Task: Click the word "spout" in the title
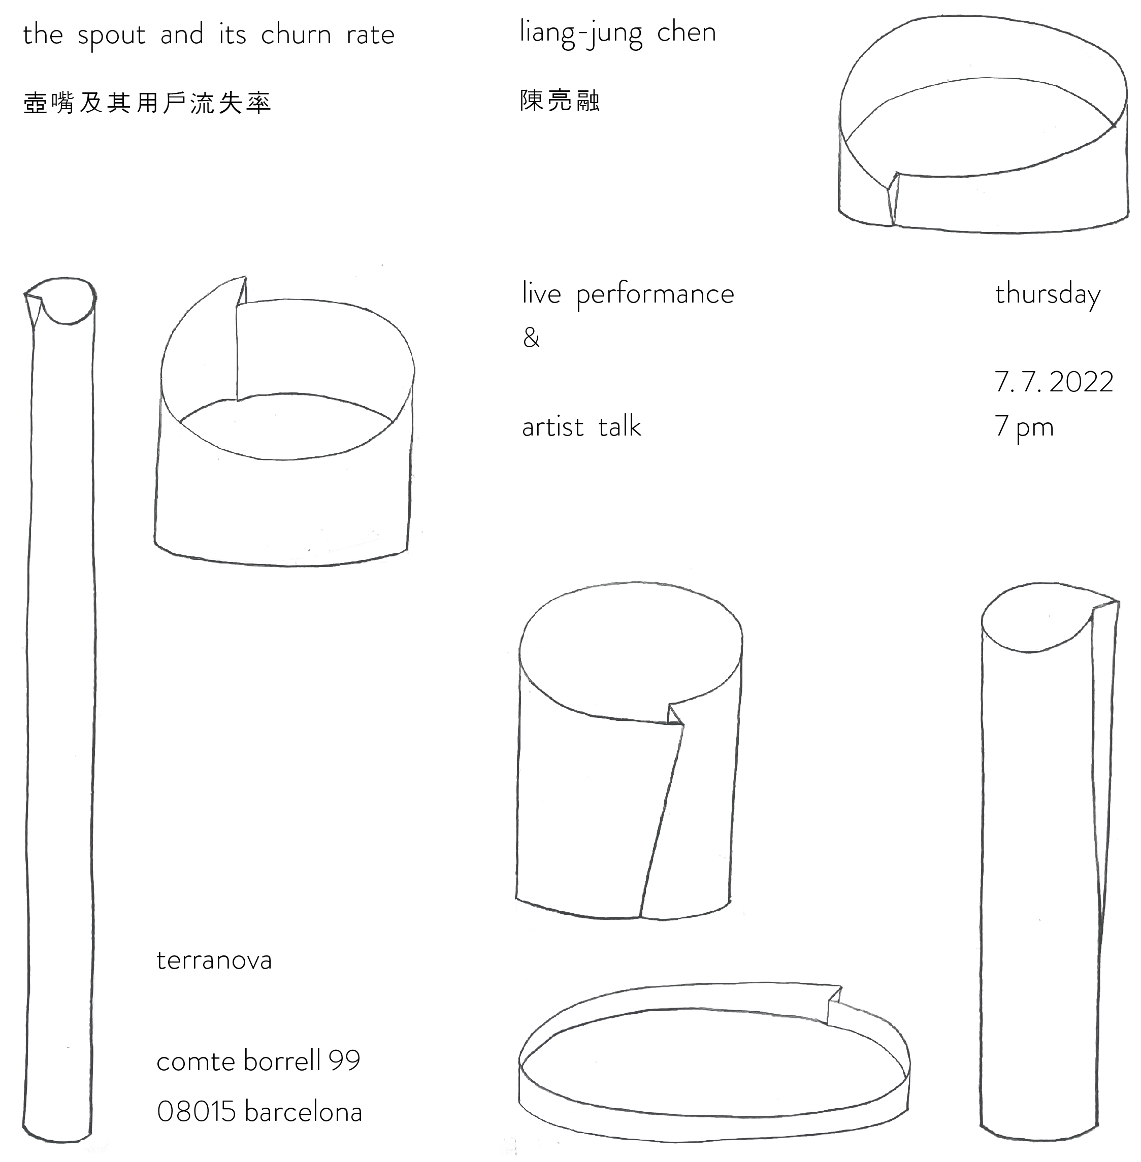point(112,36)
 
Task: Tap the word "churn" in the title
point(296,35)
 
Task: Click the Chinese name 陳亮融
point(560,101)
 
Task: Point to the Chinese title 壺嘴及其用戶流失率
point(147,103)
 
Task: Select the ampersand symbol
point(531,338)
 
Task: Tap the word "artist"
point(552,427)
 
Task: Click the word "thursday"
point(1048,295)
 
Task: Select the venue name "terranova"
point(214,960)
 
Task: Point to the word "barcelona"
point(303,1112)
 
